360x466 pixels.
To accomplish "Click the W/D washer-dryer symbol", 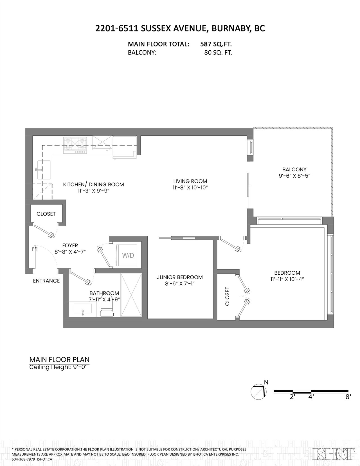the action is [128, 255].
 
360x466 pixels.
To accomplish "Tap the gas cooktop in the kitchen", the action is [75, 145].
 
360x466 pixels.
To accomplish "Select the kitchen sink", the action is [44, 170].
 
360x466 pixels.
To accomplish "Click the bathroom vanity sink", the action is [83, 309].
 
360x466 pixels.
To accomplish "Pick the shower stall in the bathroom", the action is [131, 295].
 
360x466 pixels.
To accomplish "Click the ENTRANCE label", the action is [46, 281].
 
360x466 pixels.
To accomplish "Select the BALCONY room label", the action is [294, 169].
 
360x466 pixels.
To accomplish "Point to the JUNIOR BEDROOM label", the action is [180, 277].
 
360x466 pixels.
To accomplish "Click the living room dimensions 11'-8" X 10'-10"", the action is [190, 188].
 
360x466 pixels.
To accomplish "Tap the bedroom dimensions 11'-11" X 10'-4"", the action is [287, 279].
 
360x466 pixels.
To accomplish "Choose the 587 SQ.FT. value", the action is [216, 44].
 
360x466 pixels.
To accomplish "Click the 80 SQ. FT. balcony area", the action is [218, 53].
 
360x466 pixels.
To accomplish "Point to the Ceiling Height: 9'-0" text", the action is [59, 367].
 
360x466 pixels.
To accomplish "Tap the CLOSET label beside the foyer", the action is [46, 214].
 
